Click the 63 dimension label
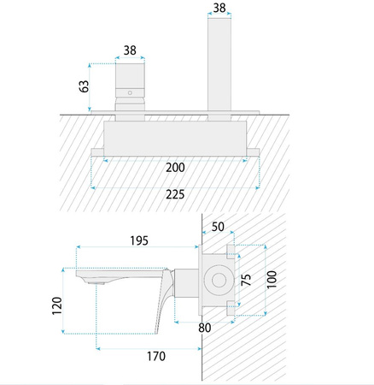[x=84, y=86]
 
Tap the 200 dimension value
[x=175, y=168]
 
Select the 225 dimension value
[x=175, y=194]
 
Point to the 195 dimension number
[x=139, y=241]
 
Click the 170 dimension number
[x=156, y=356]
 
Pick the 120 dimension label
[x=57, y=306]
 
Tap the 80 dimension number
[x=205, y=328]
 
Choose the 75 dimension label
[x=247, y=280]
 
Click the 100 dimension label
[x=272, y=280]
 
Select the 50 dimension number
[x=218, y=227]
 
